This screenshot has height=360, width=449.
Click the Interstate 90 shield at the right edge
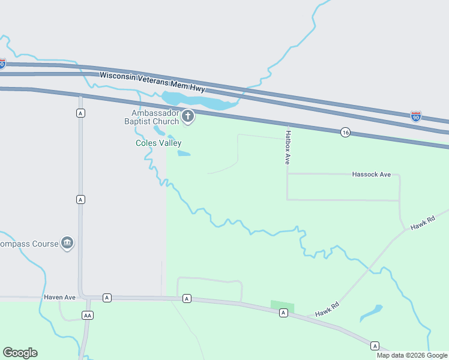point(415,116)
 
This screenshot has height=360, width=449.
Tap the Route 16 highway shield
point(345,132)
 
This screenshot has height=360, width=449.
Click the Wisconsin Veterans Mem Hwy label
point(152,82)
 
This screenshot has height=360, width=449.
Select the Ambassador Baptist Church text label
point(152,117)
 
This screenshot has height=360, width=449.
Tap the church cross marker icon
point(188,116)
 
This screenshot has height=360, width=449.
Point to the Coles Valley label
point(158,143)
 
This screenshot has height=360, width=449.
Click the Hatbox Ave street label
point(288,148)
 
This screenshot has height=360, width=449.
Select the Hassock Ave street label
point(371,174)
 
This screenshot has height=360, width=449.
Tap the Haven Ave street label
point(59,297)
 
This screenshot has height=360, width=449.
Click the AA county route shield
point(88,315)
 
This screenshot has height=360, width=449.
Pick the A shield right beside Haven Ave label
point(107,298)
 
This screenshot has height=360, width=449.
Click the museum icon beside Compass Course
point(67,243)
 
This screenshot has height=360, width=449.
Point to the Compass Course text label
point(29,244)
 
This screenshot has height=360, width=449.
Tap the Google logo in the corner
point(20,353)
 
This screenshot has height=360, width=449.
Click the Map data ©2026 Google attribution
point(412,355)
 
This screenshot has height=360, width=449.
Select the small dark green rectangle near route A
point(282,307)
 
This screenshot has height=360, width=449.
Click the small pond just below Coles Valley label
point(184,154)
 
